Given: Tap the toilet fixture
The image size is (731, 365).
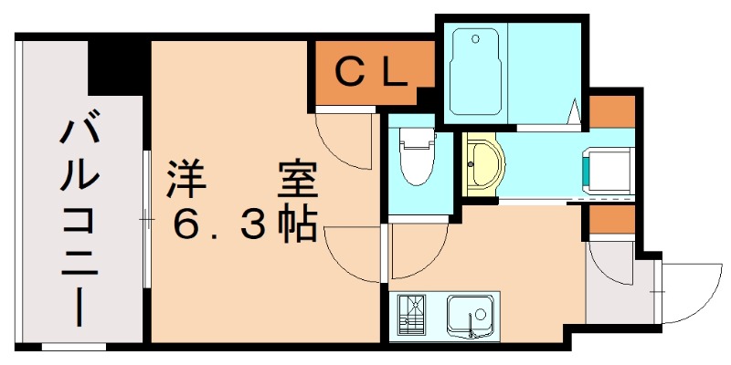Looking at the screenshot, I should pyautogui.click(x=418, y=155).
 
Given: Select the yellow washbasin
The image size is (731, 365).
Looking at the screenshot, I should pyautogui.click(x=481, y=165).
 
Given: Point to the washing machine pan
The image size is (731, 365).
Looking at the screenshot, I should pyautogui.click(x=609, y=170).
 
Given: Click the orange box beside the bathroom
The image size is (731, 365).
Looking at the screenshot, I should pyautogui.click(x=610, y=110).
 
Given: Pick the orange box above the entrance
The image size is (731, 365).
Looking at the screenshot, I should pyautogui.click(x=610, y=220).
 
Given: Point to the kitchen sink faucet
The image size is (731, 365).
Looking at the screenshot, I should pyautogui.click(x=472, y=323).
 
